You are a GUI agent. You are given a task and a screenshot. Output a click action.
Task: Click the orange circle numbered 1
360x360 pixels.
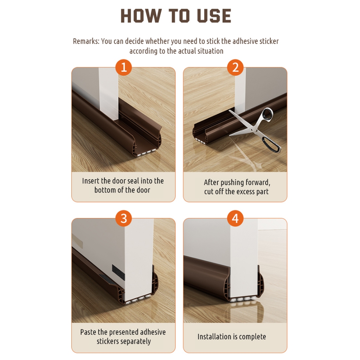(x=123, y=67)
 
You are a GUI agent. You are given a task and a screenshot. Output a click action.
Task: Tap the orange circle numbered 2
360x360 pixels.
(x=235, y=67)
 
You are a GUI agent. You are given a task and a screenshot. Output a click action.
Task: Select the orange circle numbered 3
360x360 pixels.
(x=123, y=218)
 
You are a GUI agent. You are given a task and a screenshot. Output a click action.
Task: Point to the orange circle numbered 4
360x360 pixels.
(x=235, y=218)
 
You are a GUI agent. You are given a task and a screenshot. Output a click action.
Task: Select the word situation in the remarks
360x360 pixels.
(x=210, y=51)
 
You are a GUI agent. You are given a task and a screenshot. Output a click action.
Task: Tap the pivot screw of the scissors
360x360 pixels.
(x=253, y=130)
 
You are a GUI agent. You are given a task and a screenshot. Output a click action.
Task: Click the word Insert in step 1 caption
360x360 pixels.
(x=91, y=181)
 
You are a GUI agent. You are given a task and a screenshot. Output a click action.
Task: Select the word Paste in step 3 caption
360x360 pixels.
(x=88, y=332)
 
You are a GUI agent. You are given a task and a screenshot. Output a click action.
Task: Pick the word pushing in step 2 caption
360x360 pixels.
(x=230, y=182)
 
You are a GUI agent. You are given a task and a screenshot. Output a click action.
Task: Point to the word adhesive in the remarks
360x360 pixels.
(x=245, y=41)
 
